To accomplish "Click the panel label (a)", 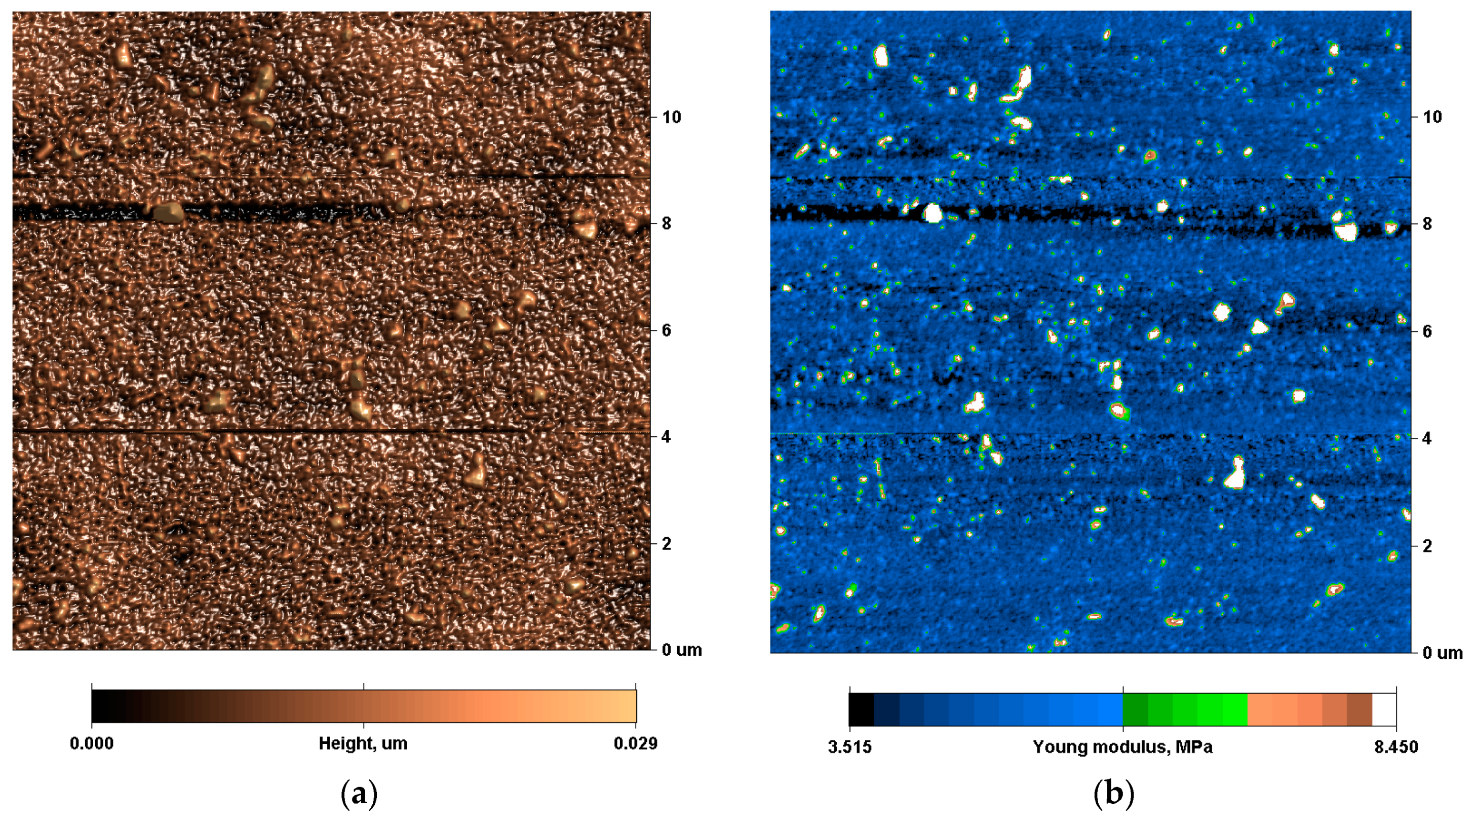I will coord(359,794).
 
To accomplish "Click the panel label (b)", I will coord(1113,794).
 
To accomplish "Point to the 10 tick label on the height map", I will coord(672,118).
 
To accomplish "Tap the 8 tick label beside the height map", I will coord(667,223).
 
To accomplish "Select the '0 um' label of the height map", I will coord(681,650).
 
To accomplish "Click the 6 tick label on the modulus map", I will coord(1427,331).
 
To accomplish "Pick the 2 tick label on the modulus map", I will coord(1427,546).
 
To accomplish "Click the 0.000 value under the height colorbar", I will coord(92,743).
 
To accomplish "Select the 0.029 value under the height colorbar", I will coord(636,743).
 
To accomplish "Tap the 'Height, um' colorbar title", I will coord(363,743).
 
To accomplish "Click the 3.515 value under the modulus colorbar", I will coord(850,747).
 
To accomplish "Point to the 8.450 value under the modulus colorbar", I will coord(1396,747).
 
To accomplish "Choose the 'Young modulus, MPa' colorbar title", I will coord(1122,747).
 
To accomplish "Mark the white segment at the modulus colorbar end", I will coord(1384,709).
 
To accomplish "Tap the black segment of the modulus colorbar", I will coord(861,709).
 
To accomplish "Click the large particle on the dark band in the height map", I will coord(168,212).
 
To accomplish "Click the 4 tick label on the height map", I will coord(667,436).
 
